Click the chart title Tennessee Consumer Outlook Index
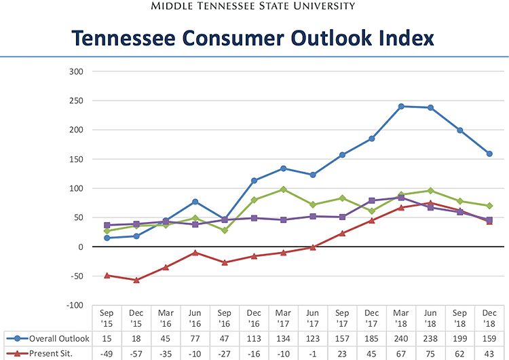[254, 37]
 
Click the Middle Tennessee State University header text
[254, 7]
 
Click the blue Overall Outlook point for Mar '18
[401, 106]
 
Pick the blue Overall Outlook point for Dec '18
[489, 154]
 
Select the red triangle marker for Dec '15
[136, 280]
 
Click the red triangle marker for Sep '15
[107, 275]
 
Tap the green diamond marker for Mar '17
[284, 190]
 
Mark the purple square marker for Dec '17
[372, 200]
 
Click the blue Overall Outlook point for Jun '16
[195, 202]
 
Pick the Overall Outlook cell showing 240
[401, 338]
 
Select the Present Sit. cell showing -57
[136, 354]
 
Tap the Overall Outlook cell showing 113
[254, 338]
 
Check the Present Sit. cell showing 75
[430, 354]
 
